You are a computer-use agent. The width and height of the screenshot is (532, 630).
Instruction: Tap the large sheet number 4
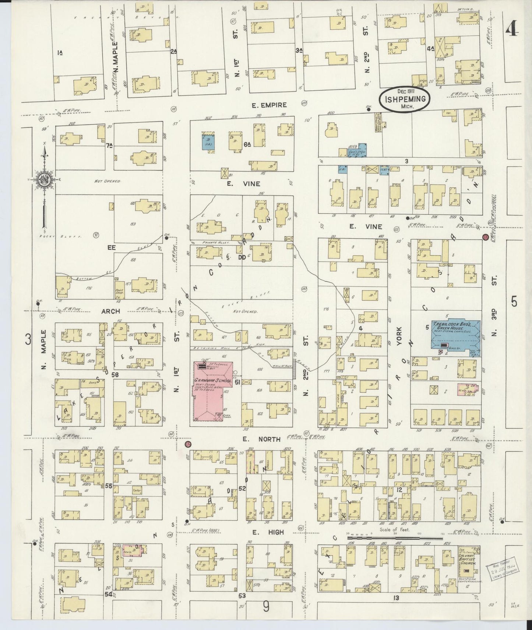(x=512, y=28)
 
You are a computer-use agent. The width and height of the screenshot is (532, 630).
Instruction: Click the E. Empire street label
(x=269, y=105)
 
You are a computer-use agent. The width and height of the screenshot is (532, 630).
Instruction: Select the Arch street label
(x=110, y=311)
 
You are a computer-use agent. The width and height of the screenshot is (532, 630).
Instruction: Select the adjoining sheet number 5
(x=514, y=302)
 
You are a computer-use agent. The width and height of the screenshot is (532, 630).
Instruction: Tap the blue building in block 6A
(x=208, y=142)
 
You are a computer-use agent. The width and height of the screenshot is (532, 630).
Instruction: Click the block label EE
(x=112, y=248)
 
